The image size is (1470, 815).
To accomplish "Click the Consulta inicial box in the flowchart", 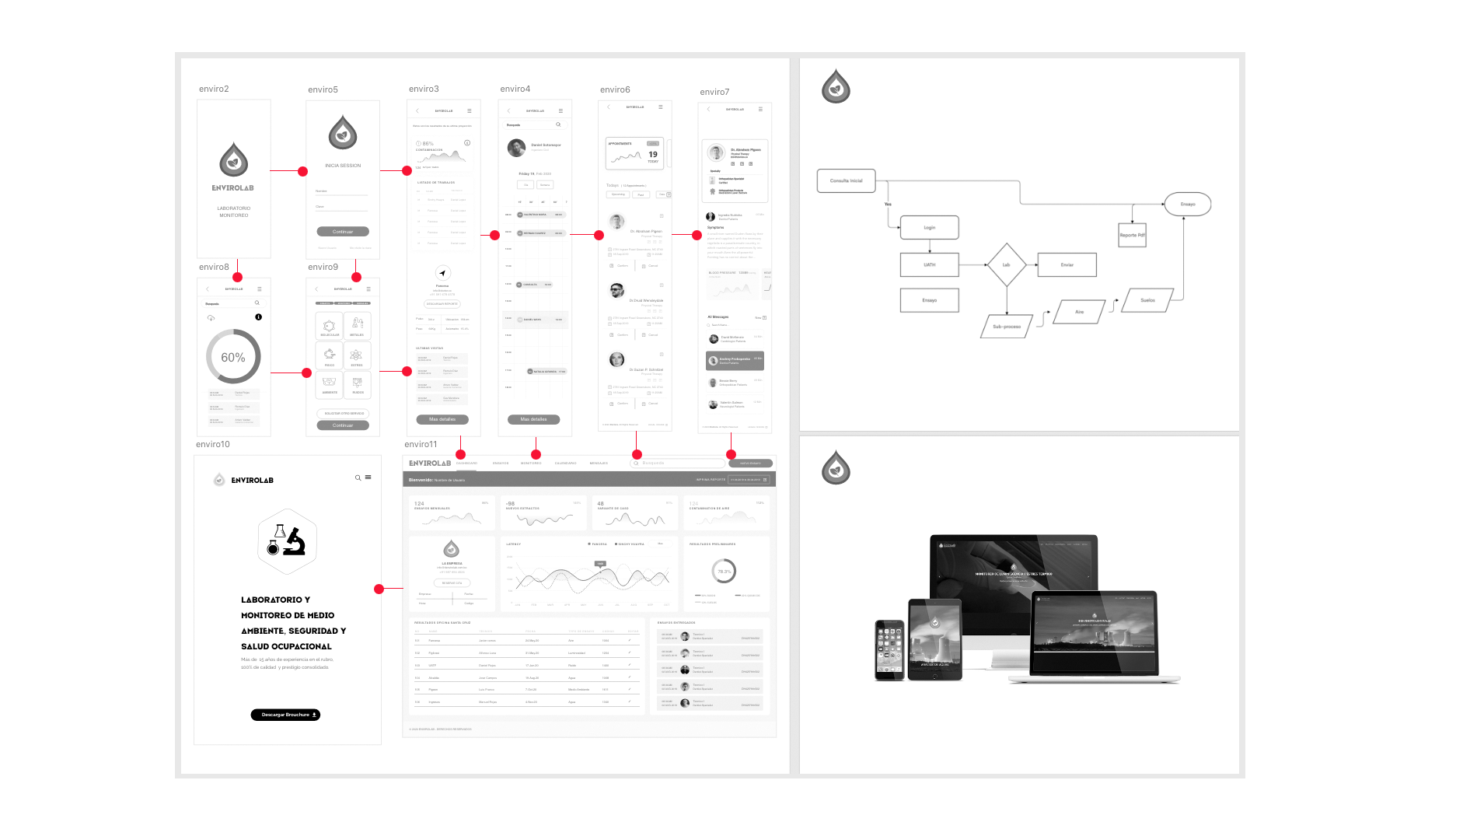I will click(846, 180).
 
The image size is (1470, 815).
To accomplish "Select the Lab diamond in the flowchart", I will click(1006, 265).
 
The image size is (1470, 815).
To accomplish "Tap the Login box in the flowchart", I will click(929, 228).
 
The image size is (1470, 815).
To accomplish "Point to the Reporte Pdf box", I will click(1132, 235).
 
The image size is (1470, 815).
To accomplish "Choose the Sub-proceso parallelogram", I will click(1007, 327).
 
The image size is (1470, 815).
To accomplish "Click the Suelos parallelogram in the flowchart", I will click(1147, 300).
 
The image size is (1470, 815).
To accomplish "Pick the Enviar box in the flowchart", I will click(1067, 265).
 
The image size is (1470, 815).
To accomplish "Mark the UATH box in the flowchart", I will click(929, 265).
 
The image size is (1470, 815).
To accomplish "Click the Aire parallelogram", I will click(1079, 312).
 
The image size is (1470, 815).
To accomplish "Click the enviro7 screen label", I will click(714, 93).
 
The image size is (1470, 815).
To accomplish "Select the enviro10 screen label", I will click(213, 445).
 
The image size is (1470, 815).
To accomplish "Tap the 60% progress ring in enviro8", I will click(233, 357).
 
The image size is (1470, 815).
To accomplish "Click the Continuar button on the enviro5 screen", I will click(343, 232).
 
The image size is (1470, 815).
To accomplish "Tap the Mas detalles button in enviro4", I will click(534, 419).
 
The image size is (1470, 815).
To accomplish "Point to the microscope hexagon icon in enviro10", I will click(287, 541).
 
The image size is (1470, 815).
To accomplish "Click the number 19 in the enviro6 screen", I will click(653, 154).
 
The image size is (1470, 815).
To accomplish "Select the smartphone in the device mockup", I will click(890, 649).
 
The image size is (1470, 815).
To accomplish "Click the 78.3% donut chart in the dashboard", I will click(724, 572).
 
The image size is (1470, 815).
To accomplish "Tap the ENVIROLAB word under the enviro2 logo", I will click(233, 188).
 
